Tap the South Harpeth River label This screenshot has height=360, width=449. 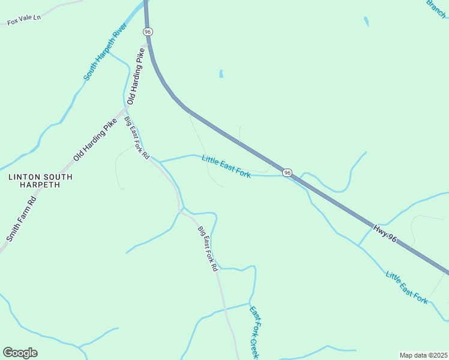(x=105, y=52)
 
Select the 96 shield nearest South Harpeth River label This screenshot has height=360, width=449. (x=148, y=31)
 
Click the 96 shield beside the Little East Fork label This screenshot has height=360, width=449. (x=288, y=173)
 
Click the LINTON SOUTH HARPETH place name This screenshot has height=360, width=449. (x=40, y=181)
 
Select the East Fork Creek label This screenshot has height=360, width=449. (x=255, y=334)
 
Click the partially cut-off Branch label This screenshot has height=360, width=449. (x=436, y=8)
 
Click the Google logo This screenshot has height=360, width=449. (x=20, y=353)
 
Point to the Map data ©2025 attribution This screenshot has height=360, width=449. (x=424, y=355)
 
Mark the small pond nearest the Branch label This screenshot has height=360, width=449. (x=366, y=22)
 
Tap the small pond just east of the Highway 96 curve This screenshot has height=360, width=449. (x=221, y=74)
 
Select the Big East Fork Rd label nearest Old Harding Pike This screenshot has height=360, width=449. (x=137, y=138)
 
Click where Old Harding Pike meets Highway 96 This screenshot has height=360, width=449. (x=148, y=43)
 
